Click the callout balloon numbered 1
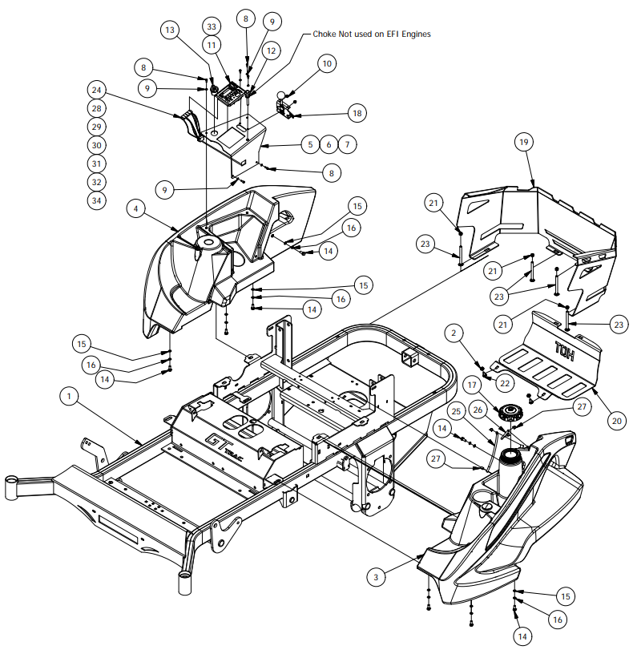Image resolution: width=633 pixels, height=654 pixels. [x=69, y=396]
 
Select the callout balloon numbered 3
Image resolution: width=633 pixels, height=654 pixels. [x=376, y=577]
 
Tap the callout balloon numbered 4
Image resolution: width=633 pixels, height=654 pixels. [x=135, y=208]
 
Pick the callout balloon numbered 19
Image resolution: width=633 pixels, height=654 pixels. [x=524, y=142]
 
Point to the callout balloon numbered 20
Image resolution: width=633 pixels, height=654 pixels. [x=617, y=421]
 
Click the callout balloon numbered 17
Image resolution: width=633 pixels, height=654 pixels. [x=472, y=385]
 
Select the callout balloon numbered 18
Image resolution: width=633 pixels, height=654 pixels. [x=357, y=113]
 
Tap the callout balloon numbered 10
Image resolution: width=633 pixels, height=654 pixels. [x=327, y=64]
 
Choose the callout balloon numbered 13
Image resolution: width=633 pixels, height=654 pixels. [x=170, y=30]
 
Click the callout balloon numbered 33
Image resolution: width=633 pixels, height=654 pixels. [x=212, y=26]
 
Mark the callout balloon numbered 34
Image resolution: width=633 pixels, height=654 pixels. [x=96, y=200]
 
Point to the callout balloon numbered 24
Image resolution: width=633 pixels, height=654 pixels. [x=96, y=90]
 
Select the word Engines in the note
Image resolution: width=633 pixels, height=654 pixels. [x=416, y=34]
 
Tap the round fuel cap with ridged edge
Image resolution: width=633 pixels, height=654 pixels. [x=510, y=412]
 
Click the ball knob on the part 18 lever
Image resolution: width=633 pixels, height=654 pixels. [x=282, y=95]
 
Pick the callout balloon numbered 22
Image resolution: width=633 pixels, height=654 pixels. [x=505, y=383]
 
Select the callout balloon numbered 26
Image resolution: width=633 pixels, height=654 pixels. [x=478, y=410]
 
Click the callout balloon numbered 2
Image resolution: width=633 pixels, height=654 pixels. [x=454, y=333]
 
